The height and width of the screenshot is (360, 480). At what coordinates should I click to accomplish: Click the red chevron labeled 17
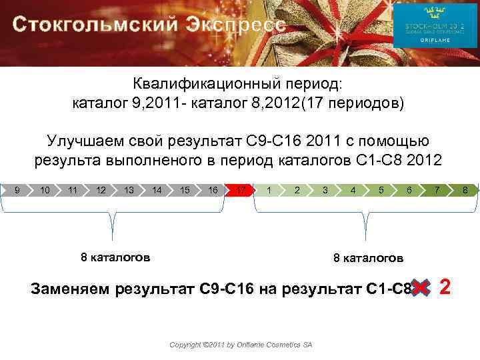(240, 191)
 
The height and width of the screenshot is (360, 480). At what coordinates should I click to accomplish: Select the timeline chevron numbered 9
(16, 191)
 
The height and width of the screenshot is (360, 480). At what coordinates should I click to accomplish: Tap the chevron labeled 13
(129, 191)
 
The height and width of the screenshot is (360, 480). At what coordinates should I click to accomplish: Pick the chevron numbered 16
(213, 191)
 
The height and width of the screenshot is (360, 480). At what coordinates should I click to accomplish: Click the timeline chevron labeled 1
(269, 191)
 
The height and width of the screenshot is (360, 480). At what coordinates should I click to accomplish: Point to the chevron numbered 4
(353, 191)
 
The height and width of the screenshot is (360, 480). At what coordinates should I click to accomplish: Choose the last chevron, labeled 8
(465, 191)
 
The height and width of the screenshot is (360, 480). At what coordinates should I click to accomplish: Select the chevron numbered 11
(73, 191)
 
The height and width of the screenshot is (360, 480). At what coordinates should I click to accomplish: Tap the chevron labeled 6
(409, 191)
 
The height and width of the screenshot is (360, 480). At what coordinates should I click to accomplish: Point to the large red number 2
(454, 288)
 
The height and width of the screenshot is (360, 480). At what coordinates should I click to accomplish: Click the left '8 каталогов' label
(115, 257)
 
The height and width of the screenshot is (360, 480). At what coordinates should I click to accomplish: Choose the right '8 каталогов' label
(368, 257)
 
